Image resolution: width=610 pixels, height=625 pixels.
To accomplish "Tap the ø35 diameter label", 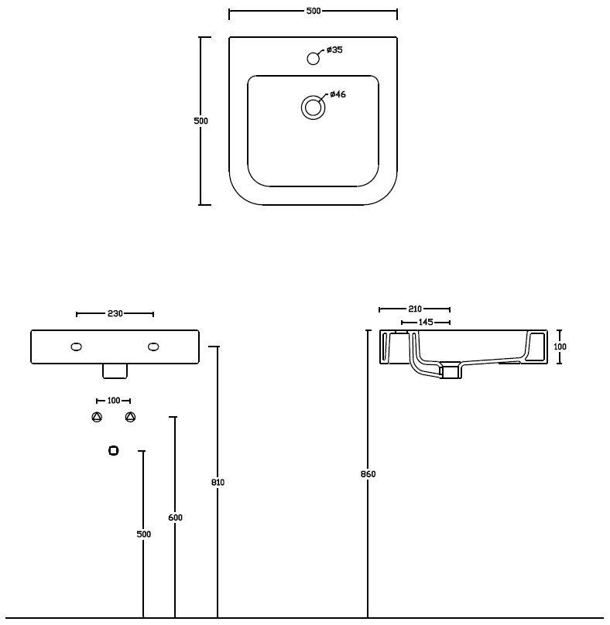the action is [x=334, y=50].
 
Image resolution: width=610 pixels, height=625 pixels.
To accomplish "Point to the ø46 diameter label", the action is [x=338, y=94].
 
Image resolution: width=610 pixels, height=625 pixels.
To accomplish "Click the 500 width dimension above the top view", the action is [x=314, y=11].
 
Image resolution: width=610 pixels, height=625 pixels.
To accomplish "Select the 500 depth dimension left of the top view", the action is [x=200, y=121].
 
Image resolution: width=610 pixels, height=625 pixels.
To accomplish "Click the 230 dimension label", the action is [x=115, y=314].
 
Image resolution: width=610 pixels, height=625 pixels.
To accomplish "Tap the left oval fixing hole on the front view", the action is [x=76, y=347].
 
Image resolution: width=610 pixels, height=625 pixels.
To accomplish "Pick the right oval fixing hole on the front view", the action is [x=153, y=347].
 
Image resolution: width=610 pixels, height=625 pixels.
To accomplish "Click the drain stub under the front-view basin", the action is [x=115, y=371].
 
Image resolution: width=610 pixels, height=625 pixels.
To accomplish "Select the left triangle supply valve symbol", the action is [x=97, y=417].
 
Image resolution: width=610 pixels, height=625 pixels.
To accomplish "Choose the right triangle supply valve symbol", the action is [x=130, y=417].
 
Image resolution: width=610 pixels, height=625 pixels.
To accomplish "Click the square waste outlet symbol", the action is [x=113, y=450].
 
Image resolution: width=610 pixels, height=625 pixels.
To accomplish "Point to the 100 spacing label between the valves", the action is [x=114, y=400].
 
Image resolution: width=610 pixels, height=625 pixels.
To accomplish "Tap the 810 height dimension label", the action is [x=218, y=483].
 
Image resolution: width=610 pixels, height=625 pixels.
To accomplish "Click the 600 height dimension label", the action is [x=175, y=517].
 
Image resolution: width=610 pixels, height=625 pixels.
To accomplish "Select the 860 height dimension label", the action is [x=368, y=474].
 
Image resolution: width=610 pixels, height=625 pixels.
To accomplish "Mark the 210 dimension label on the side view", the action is [x=414, y=309].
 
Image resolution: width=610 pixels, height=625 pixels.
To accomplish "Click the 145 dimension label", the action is [x=426, y=322].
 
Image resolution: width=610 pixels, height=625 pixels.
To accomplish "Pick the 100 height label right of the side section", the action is [x=560, y=347].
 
